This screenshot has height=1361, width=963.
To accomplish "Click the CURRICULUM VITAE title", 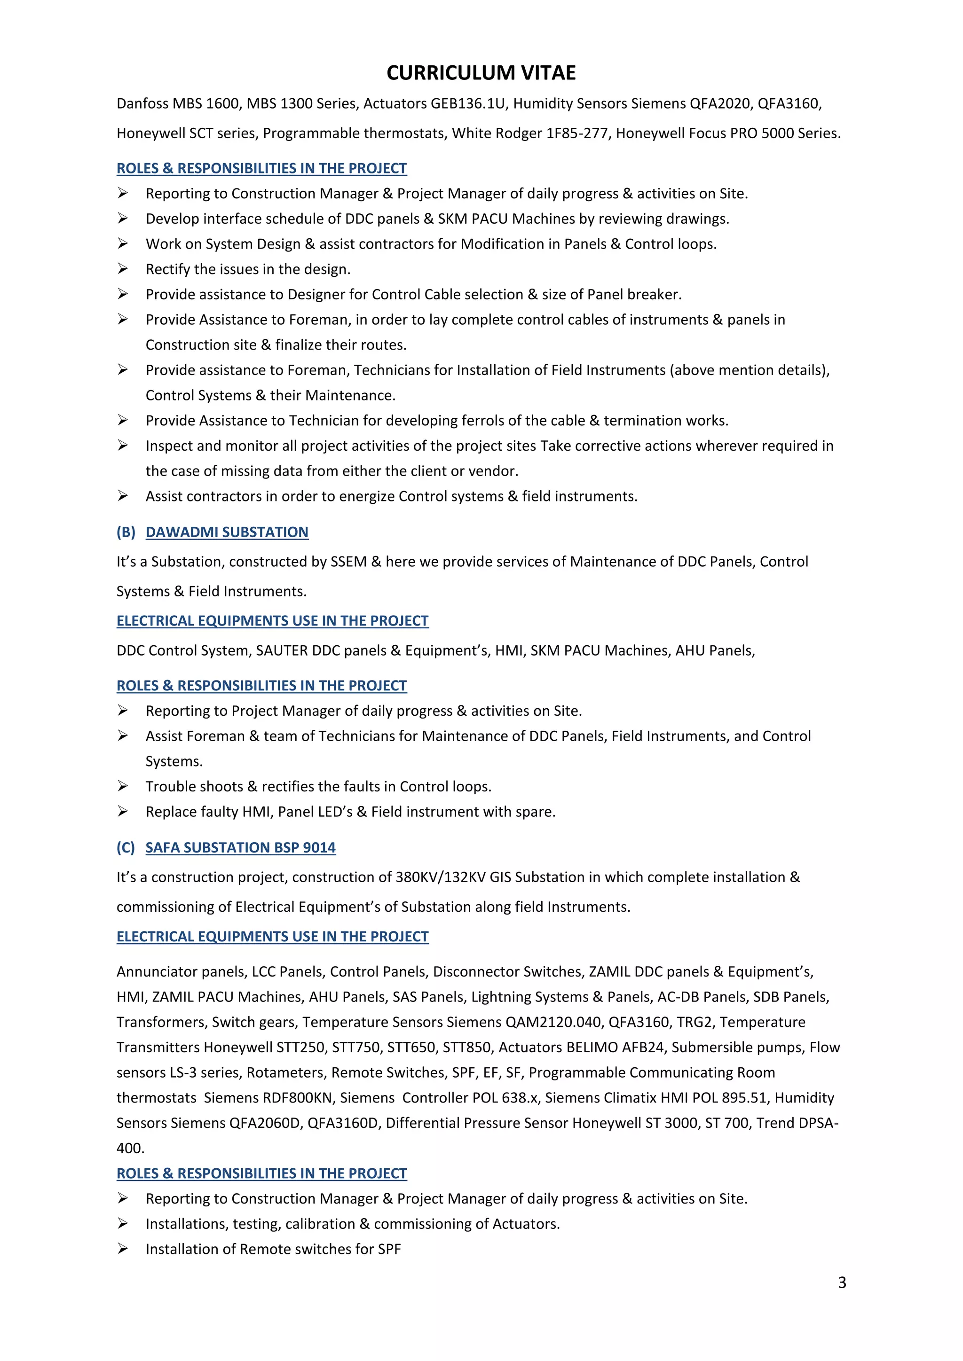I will pos(481,73).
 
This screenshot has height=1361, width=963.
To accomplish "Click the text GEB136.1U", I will pos(468,104).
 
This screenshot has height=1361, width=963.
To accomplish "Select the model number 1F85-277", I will pos(578,133).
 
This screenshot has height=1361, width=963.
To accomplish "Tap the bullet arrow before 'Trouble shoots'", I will pos(123,786).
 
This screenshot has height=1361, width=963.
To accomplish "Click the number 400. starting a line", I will pos(130,1148).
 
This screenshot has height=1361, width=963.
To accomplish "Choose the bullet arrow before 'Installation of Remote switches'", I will pos(123,1249).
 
